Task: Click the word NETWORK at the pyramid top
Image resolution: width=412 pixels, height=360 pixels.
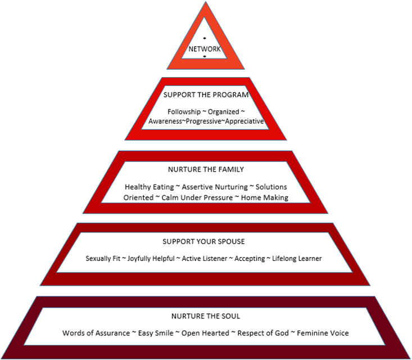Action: tap(205, 49)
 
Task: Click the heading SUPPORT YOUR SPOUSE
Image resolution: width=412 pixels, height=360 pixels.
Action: tap(203, 241)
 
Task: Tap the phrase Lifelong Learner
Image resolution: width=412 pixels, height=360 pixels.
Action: tap(296, 259)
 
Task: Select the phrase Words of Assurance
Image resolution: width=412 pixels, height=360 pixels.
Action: tap(96, 333)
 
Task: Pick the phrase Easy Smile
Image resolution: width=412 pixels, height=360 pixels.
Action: tap(153, 333)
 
